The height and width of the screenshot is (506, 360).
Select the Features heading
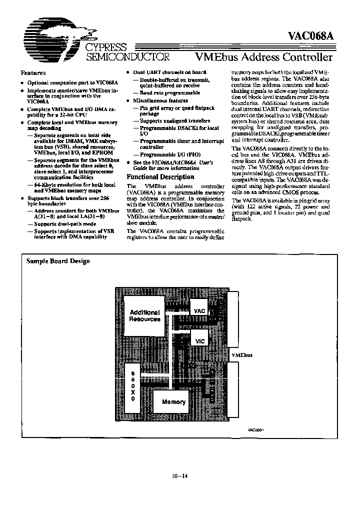[x=33, y=73]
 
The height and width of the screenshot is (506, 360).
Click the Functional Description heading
[x=160, y=177]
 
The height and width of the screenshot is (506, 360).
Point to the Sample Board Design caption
[x=58, y=261]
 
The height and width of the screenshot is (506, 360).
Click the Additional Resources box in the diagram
[x=144, y=315]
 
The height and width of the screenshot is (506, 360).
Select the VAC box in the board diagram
[x=200, y=311]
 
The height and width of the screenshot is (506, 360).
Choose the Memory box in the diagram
[x=173, y=402]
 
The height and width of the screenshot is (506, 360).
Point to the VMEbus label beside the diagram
[x=242, y=354]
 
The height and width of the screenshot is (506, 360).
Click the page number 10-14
[x=179, y=476]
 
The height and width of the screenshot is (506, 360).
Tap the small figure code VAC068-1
[x=255, y=429]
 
